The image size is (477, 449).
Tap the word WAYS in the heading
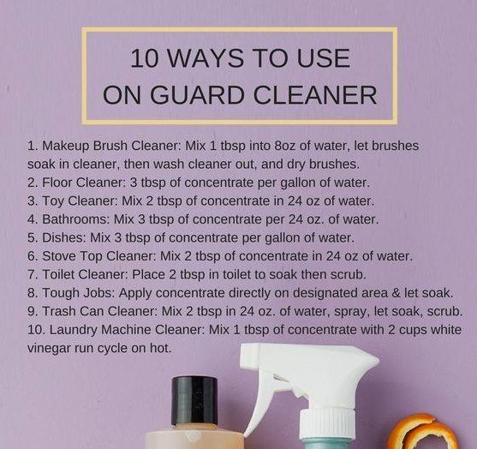tap(213, 58)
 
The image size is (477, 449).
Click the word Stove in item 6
tap(61, 255)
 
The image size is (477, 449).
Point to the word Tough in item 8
tap(61, 292)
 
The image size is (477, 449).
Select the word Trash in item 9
tap(61, 311)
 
